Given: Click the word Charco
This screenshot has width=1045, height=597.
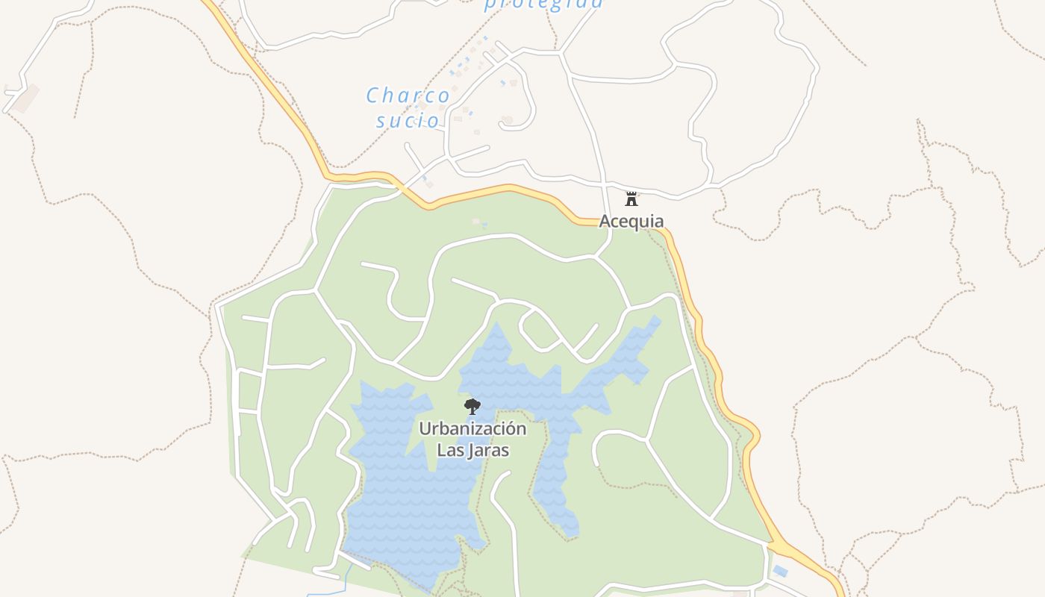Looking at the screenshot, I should click(408, 96).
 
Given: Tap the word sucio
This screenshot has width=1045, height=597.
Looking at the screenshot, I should click(408, 121).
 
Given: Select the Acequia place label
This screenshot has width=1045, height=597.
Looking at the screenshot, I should click(631, 222).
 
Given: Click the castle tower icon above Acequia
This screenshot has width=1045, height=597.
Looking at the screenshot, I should click(631, 199).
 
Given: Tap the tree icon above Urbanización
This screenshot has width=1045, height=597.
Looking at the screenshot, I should click(472, 407).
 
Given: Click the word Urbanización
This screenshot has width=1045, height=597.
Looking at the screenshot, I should click(472, 429).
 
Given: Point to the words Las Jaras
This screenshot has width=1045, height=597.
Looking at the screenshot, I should click(472, 451).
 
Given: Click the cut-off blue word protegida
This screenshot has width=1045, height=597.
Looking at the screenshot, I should click(543, 4).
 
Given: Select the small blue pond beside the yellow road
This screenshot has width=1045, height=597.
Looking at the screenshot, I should click(780, 572).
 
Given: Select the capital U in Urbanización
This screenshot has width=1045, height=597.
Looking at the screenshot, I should click(425, 429).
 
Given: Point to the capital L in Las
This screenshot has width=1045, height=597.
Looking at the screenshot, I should click(440, 451).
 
